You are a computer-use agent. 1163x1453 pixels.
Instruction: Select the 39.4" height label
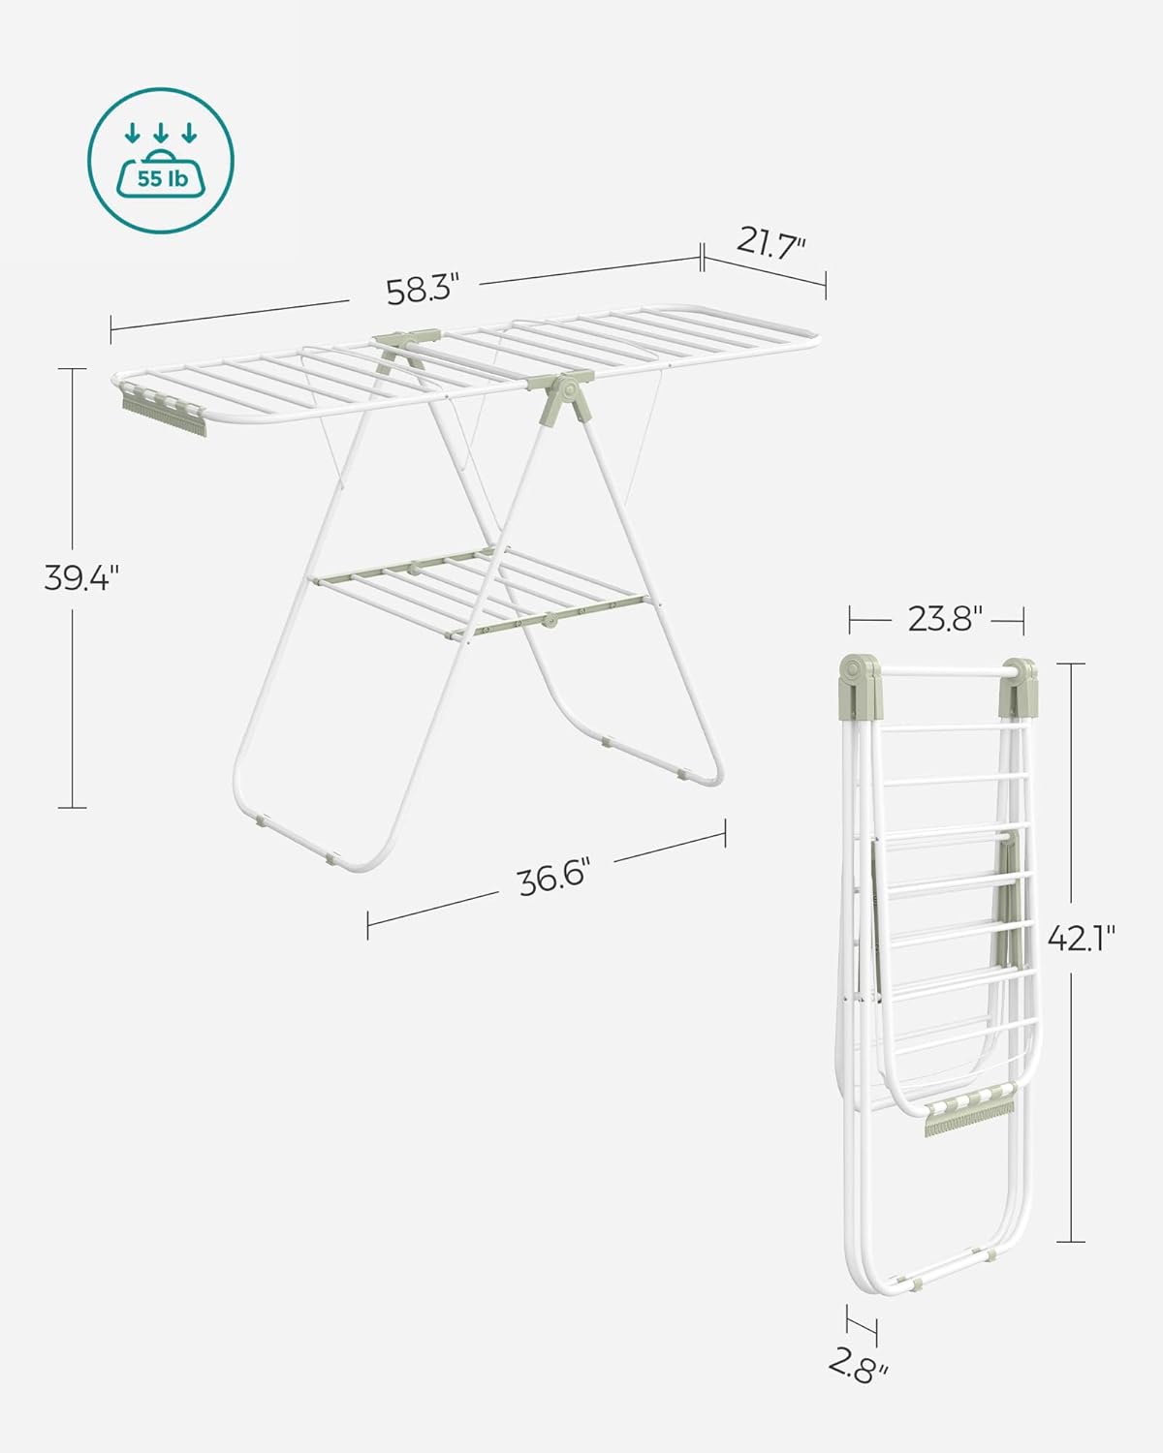coord(81,578)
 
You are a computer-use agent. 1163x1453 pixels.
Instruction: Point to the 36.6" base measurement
coord(552,879)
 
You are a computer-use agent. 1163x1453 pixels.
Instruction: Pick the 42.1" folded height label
coord(1080,938)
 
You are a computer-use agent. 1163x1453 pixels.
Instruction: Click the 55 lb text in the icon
coord(161,178)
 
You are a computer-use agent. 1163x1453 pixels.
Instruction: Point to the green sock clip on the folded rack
coord(969,1118)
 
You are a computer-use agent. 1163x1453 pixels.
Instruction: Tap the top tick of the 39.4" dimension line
coord(72,368)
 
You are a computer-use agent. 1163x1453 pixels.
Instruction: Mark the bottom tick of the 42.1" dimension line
coord(1071,1242)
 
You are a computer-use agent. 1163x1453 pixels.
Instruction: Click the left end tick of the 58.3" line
coord(111,329)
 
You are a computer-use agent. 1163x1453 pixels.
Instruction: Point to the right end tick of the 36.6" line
coord(725,835)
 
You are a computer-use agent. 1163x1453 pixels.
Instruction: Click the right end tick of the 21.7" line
coord(826,286)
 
